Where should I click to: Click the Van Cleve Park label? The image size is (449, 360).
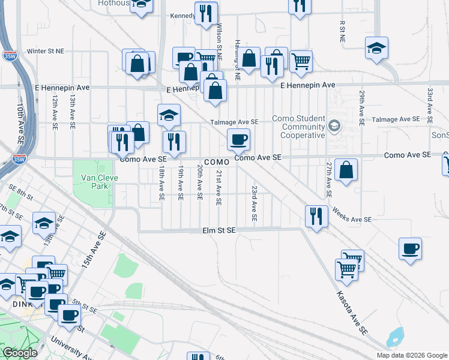(95, 182)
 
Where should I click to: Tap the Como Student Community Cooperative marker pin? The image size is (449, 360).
(334, 127)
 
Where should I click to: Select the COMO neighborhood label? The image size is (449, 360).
(217, 163)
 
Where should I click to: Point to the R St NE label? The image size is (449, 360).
(342, 31)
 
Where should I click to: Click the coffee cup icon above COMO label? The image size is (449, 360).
(238, 140)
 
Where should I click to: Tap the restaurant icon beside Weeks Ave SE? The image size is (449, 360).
(316, 216)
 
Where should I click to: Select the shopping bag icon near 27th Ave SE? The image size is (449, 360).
(346, 170)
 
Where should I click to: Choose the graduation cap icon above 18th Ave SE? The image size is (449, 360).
(169, 115)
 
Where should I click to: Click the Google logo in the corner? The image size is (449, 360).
(20, 353)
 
